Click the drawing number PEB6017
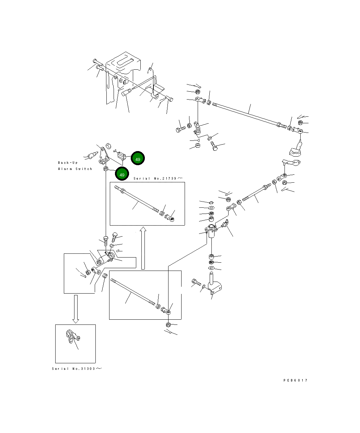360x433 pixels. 295,380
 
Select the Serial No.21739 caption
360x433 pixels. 158,178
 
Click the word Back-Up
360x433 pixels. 68,162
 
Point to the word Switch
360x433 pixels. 84,169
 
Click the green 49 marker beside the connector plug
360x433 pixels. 138,159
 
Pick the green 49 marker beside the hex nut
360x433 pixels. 122,174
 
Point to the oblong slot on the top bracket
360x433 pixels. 123,62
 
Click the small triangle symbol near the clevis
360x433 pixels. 198,140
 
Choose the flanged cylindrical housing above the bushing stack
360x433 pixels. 211,230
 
